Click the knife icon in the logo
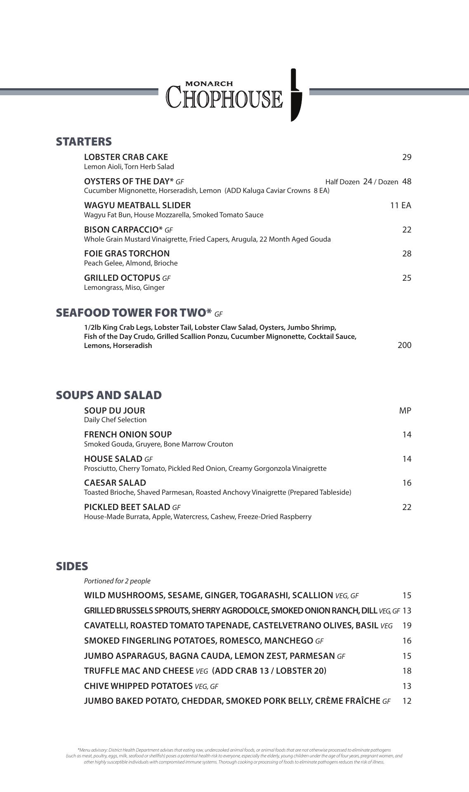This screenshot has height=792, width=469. point(295,95)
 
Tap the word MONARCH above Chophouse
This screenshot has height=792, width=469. point(209,84)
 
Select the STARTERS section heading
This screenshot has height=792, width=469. point(84,141)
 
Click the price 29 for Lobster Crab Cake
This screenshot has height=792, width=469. point(407,157)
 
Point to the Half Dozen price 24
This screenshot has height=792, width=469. point(368,181)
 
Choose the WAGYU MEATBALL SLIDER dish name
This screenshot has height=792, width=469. point(137,205)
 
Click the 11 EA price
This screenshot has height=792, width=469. point(401,205)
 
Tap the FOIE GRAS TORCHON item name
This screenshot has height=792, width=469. point(127,254)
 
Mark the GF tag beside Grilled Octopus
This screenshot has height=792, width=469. point(166,278)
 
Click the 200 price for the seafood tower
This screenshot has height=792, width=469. point(404,345)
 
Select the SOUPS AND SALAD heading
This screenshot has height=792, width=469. point(109,395)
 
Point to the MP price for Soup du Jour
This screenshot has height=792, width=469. point(405,411)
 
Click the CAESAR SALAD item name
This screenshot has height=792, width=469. point(115,483)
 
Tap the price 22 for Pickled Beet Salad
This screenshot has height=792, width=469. point(407,507)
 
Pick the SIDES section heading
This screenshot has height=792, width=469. point(72,566)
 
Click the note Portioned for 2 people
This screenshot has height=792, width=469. point(117,581)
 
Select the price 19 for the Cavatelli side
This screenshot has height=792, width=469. point(407,625)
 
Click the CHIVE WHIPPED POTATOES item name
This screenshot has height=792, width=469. point(138,686)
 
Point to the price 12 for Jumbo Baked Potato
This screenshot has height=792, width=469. point(407,701)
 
